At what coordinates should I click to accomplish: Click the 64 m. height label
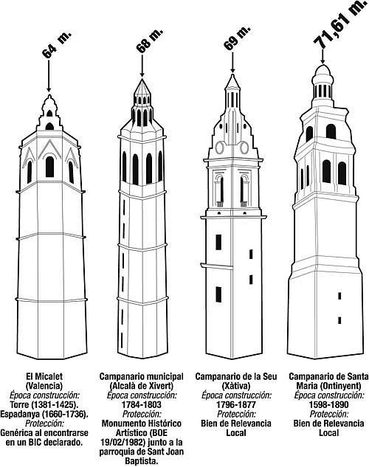(57, 44)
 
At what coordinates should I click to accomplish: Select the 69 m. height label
(237, 38)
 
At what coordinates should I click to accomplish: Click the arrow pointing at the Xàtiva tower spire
(232, 62)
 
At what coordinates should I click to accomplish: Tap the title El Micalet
(45, 376)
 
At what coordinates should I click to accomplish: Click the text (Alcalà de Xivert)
(142, 386)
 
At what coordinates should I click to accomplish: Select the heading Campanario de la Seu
(236, 376)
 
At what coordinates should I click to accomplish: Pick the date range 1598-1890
(329, 405)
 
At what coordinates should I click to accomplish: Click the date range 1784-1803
(142, 405)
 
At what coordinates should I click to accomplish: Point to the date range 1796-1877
(236, 405)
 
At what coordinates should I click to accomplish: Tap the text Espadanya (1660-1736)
(44, 415)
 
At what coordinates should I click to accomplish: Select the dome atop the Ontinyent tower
(323, 70)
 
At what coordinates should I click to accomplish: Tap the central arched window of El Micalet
(49, 167)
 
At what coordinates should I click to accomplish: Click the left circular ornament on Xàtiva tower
(219, 148)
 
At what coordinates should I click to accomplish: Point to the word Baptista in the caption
(142, 461)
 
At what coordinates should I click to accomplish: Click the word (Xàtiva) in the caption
(236, 386)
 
